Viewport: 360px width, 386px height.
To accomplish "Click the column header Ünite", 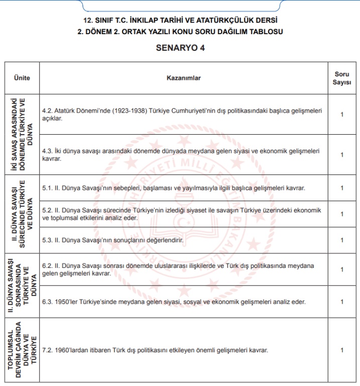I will coord(22,78).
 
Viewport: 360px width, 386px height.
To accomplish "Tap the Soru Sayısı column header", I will coord(342,78).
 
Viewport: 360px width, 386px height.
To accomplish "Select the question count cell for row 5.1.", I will coord(342,188).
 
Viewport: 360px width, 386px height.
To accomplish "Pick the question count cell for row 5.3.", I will coord(342,240).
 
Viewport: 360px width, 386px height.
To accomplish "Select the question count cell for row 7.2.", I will coord(342,350).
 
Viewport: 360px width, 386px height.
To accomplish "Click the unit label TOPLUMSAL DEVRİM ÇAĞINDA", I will coord(19,350).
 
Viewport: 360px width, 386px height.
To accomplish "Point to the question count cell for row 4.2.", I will coord(342,114).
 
